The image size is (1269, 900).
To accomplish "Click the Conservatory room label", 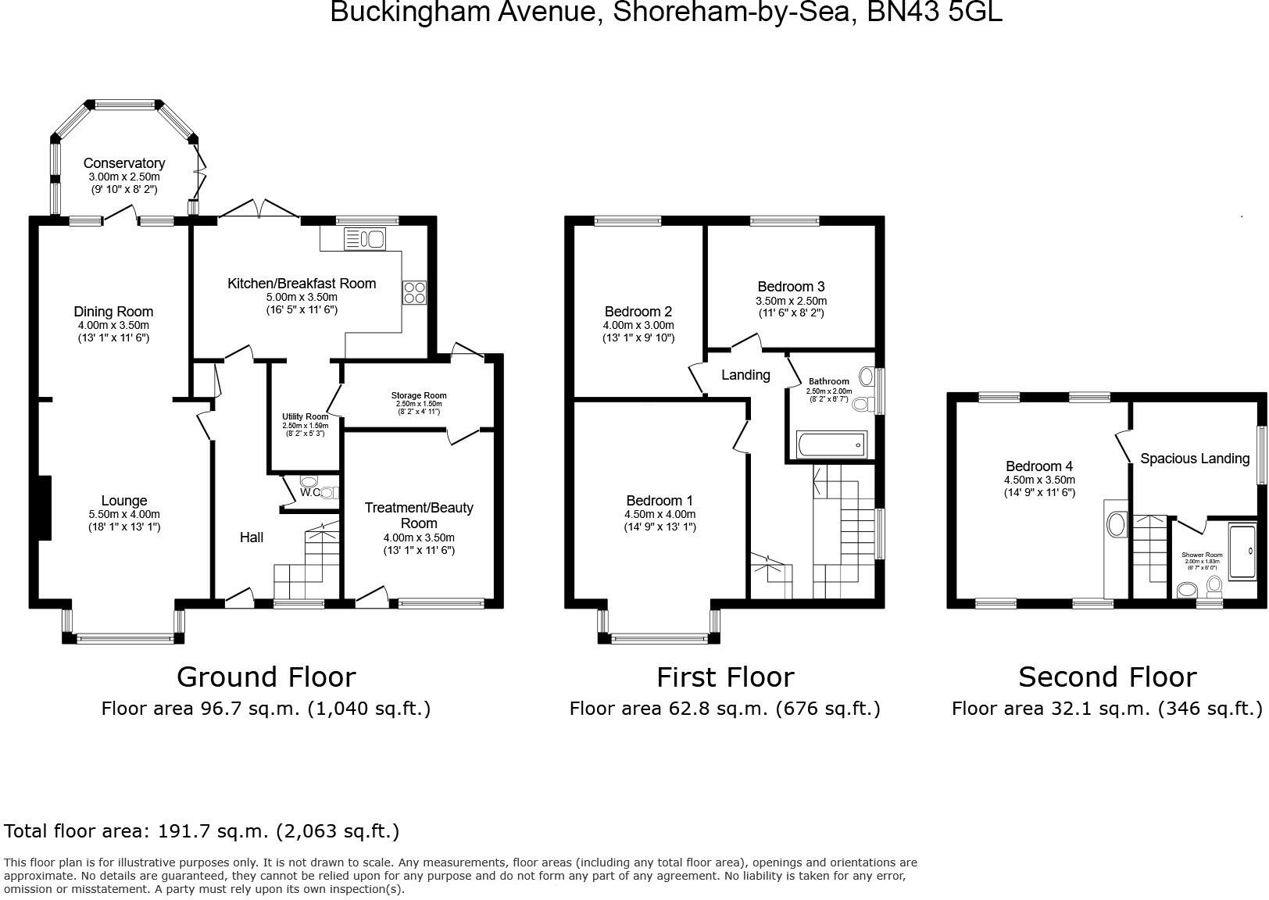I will pos(124,163).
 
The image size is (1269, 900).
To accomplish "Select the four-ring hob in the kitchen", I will pos(414,292).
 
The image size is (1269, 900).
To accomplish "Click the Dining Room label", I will pos(113,312).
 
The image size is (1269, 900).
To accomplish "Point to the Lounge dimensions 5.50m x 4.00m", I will pos(124,514).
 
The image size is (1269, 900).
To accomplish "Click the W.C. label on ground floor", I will pos(310,492).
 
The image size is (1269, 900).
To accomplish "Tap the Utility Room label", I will pos(306,417).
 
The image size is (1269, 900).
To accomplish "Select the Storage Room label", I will pos(419,395).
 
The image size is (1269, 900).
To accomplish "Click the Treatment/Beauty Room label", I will pos(419,515).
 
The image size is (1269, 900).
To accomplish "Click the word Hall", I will pos(251,537).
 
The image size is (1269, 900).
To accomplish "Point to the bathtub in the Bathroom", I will pos(831,445).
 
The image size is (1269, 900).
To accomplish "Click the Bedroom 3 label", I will pos(791,287).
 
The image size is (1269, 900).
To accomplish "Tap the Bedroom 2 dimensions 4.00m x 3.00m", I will pos(638,325).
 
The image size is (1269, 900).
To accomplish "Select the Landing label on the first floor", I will pos(745,375).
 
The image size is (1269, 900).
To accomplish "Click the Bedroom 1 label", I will pos(660,501).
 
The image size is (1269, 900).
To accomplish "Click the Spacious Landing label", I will pos(1195,459).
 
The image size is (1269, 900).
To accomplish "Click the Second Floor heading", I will pos(1106,677).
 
